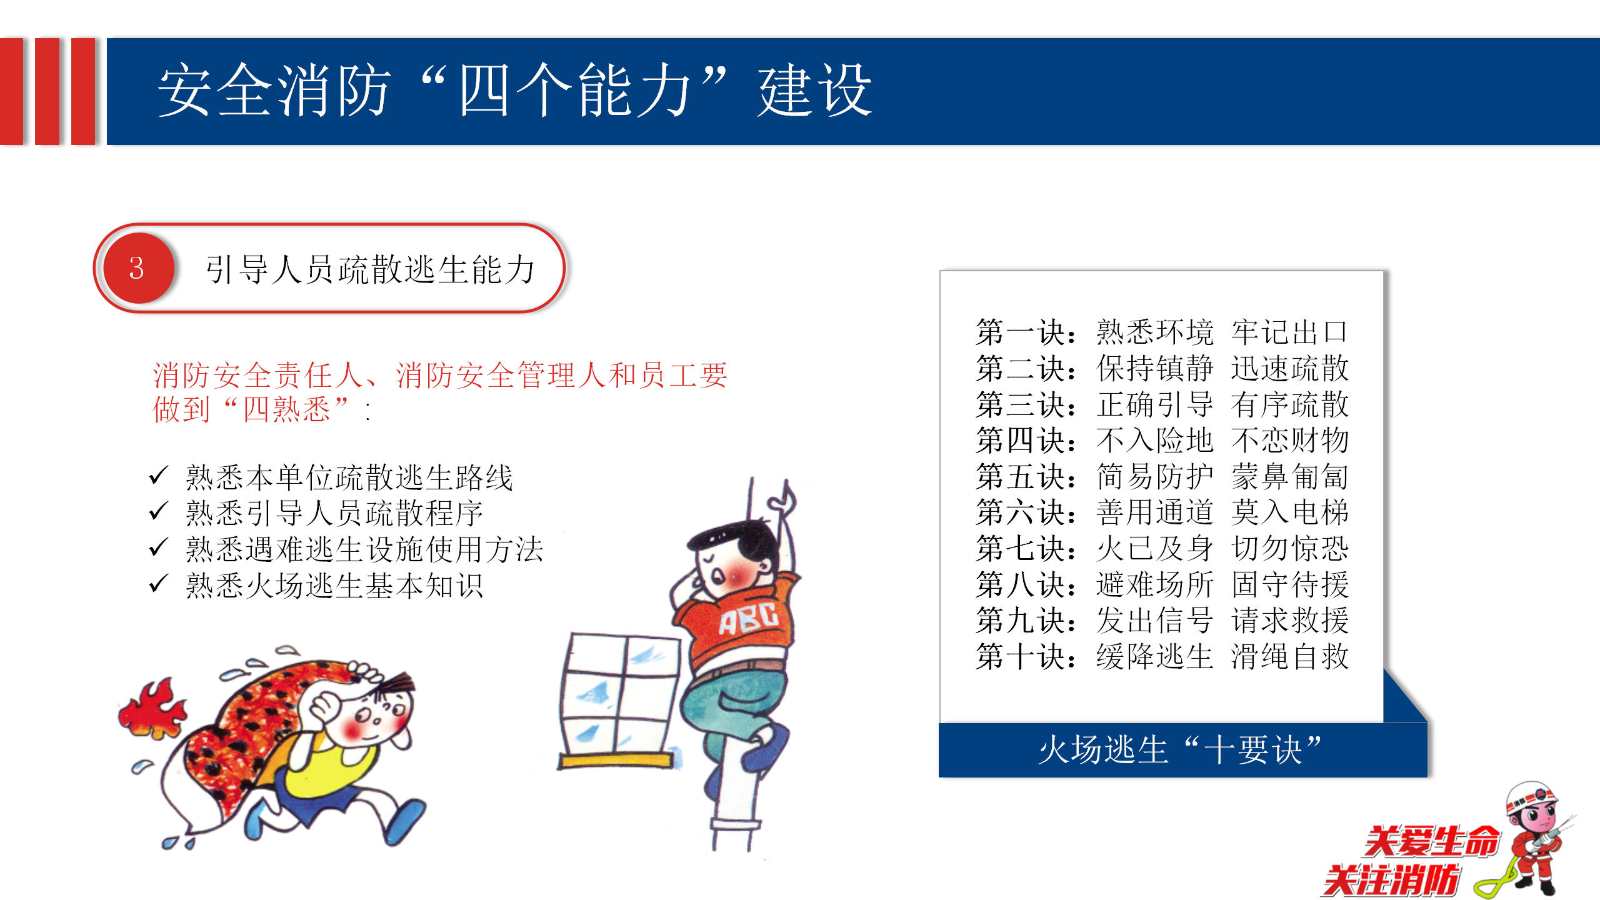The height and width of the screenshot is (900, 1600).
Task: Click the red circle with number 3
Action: [x=138, y=268]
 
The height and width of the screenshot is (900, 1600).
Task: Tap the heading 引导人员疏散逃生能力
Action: [x=371, y=269]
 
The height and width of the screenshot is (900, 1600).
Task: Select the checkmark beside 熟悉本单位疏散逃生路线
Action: [x=159, y=476]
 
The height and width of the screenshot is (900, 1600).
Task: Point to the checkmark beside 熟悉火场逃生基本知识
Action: [x=159, y=584]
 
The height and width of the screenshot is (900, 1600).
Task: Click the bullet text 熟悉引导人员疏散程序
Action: [x=334, y=513]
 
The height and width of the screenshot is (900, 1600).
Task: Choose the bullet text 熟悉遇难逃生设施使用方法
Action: [x=364, y=549]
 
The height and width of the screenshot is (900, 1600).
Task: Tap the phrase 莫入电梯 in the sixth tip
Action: [x=1290, y=512]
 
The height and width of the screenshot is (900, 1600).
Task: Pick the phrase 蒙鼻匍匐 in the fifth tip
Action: [x=1290, y=476]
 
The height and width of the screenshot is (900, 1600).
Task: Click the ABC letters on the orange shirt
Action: [x=749, y=617]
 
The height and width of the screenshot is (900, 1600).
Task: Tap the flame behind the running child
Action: [x=152, y=709]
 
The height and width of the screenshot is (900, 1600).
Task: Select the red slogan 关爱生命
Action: [x=1431, y=841]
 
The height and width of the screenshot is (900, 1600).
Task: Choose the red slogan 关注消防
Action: [x=1391, y=881]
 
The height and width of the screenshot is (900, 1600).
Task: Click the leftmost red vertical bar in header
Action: [x=11, y=91]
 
